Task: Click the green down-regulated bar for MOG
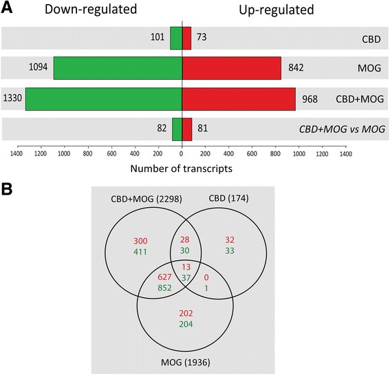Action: tap(118, 68)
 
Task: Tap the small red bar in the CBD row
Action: tap(186, 39)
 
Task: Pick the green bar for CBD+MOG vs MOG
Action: tap(177, 128)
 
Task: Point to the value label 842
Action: tap(294, 68)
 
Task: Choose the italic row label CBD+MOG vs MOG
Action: tap(339, 129)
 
